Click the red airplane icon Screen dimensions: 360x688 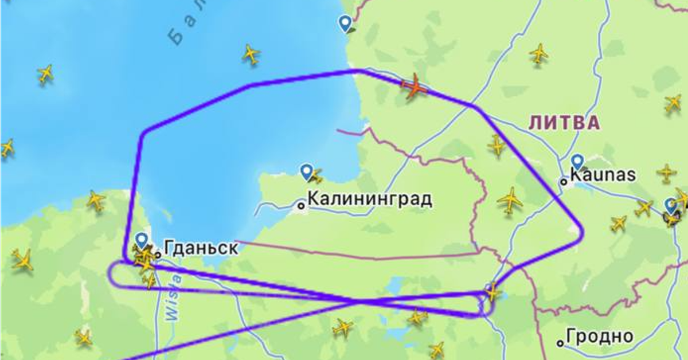click(415, 88)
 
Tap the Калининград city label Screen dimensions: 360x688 click(370, 199)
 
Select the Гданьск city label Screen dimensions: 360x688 click(201, 248)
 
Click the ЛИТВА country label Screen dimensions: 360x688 click(564, 122)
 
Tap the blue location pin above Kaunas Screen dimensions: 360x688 click(577, 162)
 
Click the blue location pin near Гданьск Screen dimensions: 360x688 click(142, 240)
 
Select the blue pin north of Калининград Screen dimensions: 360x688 click(307, 171)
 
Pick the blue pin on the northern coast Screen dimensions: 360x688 click(345, 24)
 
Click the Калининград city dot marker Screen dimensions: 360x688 click(301, 205)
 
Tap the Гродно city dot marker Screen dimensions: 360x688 click(560, 343)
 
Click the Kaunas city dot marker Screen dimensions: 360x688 click(564, 181)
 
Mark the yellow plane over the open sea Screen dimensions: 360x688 click(251, 54)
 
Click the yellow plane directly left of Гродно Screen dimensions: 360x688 click(437, 349)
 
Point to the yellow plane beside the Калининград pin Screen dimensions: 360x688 click(316, 175)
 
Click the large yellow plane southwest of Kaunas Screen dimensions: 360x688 click(510, 200)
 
